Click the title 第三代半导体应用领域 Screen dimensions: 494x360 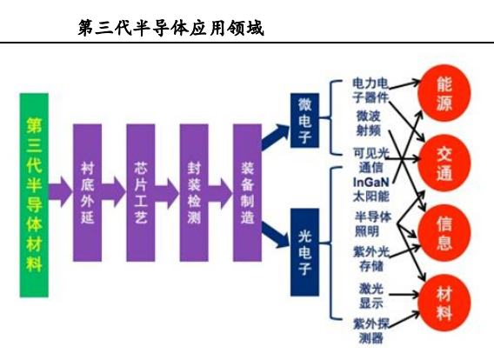point(170,28)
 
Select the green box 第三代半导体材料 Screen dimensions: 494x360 point(34,195)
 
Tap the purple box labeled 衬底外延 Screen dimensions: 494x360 point(87,192)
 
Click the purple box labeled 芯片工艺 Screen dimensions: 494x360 point(141,192)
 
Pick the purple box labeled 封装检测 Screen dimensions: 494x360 point(194,192)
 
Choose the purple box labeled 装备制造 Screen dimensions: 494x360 point(247,192)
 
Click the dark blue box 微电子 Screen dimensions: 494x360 point(304,120)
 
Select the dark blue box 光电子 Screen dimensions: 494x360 point(304,252)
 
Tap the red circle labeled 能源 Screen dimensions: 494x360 point(444,93)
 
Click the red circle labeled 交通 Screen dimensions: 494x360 point(444,163)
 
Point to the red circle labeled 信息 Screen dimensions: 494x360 point(444,233)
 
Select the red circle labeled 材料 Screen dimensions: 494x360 point(444,303)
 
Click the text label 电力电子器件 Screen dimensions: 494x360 point(370,90)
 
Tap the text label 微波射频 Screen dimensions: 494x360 point(369,123)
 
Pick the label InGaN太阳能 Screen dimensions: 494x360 point(371,190)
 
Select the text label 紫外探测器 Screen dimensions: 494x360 point(371,330)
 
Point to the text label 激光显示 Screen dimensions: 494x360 point(371,296)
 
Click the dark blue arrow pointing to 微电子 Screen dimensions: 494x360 point(275,137)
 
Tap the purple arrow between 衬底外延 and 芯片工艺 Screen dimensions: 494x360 point(114,192)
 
